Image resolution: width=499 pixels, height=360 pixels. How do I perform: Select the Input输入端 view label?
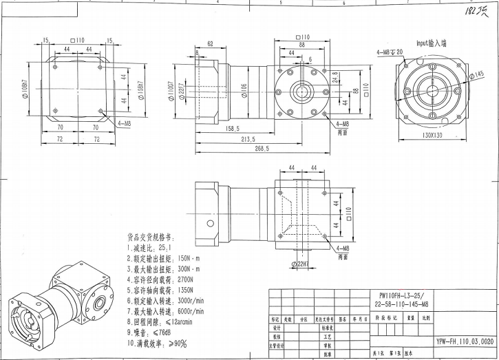click(x=431, y=42)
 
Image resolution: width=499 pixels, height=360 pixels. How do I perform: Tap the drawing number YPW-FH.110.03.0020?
click(x=465, y=341)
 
